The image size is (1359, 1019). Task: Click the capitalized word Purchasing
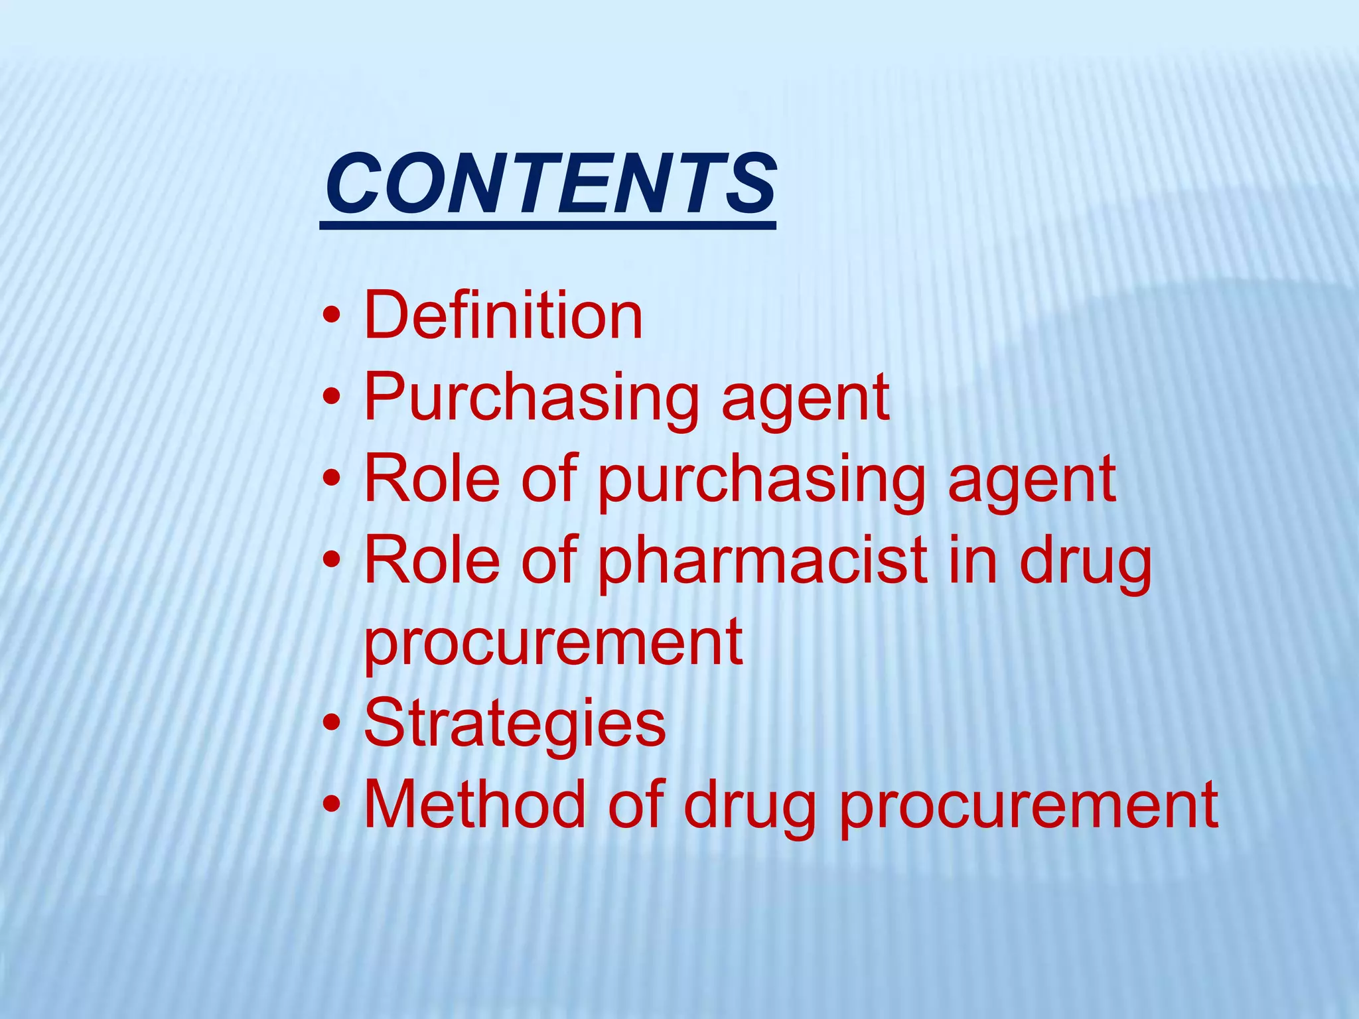(x=531, y=398)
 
